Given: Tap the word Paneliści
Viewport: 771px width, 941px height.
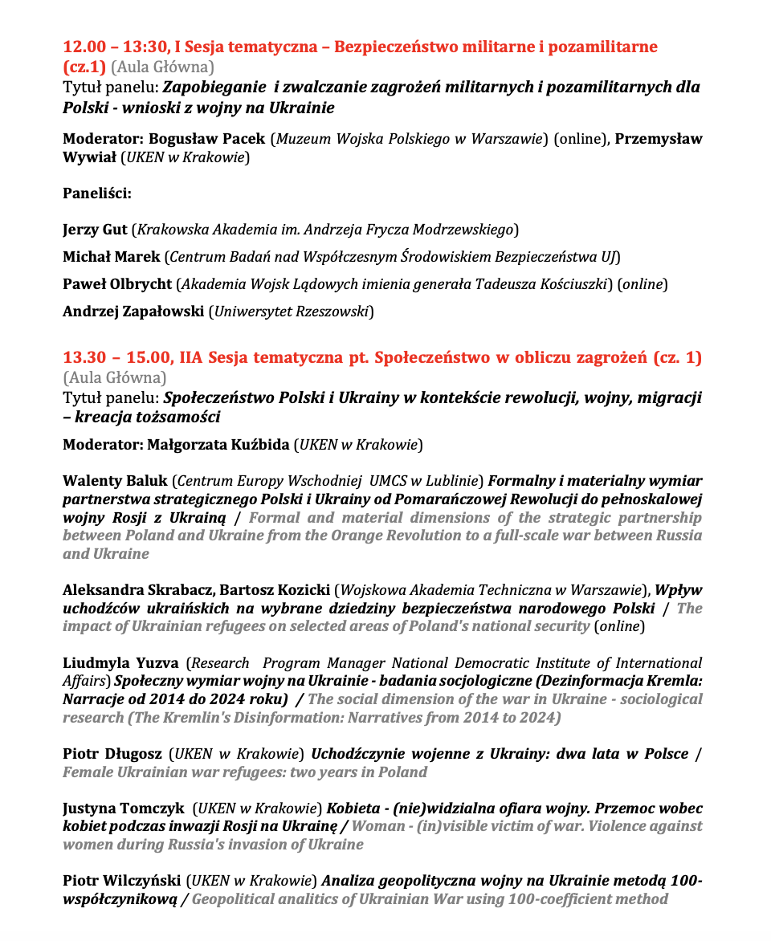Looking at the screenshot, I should coord(96,193).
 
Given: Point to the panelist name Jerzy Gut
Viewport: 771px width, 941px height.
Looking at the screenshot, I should coord(95,230).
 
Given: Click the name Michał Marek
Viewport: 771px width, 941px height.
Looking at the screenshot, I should coord(111,257).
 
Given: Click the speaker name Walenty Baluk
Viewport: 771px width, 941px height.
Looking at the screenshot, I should coord(115,481).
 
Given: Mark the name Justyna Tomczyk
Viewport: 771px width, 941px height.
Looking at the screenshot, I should coord(123,809).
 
